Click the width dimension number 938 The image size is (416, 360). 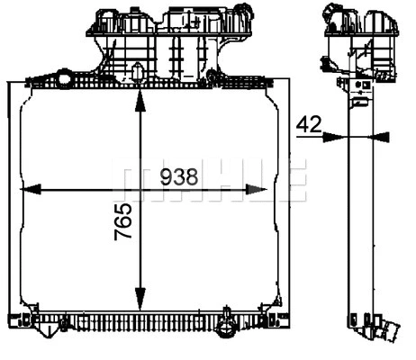179,177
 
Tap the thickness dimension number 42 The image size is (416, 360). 309,125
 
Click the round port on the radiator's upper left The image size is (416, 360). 64,79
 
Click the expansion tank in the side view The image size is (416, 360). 360,40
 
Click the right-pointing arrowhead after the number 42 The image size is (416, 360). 334,137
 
